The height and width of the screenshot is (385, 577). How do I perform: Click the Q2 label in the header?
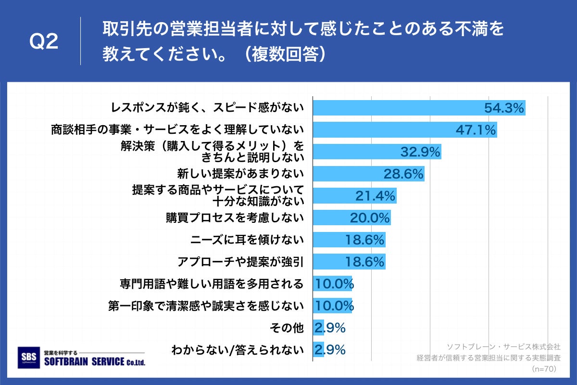coord(44,42)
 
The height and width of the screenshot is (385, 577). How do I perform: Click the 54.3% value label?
coord(503,108)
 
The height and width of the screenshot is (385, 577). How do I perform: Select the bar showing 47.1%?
coord(405,130)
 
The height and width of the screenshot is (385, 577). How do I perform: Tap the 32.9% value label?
coord(420,153)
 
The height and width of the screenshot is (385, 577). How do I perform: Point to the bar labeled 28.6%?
coord(368,174)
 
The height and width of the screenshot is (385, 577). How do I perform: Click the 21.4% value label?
coord(375,196)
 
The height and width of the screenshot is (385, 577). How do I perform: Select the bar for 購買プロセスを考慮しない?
coord(351,218)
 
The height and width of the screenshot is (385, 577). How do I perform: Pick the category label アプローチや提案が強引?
coord(240,262)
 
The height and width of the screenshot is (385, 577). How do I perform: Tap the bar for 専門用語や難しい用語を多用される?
coord(333,284)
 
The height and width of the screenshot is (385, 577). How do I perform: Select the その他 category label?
coord(288,328)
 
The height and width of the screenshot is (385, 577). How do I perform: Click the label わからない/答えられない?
coord(238,350)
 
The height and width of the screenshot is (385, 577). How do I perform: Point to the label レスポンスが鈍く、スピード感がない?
coord(207,108)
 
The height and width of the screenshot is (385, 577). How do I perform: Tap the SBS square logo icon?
coord(28,358)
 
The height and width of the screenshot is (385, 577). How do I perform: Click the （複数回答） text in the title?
coord(284,54)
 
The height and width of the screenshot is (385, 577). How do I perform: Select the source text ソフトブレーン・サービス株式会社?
coord(503,346)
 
